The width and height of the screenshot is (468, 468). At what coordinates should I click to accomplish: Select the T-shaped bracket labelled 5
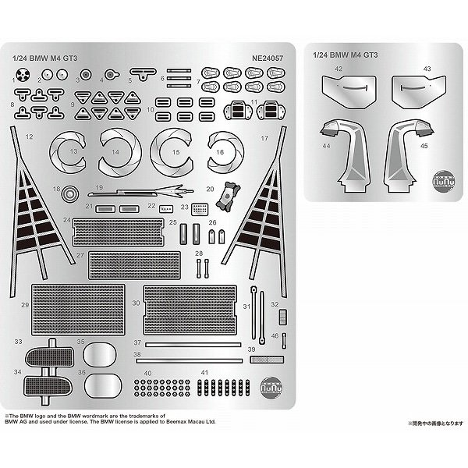(x=142, y=73)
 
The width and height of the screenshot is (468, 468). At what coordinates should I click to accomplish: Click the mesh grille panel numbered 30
(x=190, y=309)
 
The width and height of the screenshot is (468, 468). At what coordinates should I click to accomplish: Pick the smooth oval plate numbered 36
(x=102, y=383)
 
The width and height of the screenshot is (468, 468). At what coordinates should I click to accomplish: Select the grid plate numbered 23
(x=200, y=209)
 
